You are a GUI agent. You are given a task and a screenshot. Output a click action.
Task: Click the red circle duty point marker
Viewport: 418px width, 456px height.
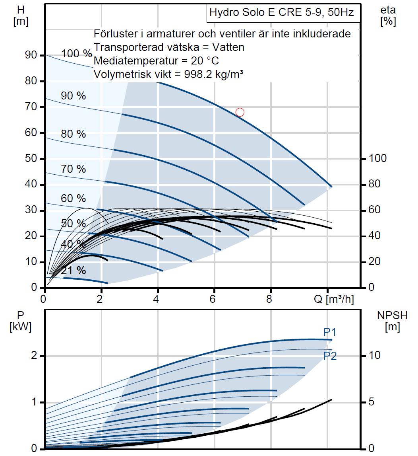240,112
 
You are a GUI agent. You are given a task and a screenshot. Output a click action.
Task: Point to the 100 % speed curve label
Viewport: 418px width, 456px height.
77,54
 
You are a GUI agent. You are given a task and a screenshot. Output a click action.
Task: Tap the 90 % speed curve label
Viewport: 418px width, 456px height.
74,95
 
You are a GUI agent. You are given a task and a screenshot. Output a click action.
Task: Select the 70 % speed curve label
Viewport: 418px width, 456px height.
74,169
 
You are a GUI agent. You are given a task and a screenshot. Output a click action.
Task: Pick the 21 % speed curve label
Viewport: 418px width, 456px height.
74,271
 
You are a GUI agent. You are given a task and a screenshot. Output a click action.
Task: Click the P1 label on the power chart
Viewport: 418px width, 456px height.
329,332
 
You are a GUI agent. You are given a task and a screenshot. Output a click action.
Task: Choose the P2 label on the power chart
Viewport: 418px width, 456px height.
330,356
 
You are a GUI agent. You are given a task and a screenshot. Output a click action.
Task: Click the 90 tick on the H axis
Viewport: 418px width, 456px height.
31,55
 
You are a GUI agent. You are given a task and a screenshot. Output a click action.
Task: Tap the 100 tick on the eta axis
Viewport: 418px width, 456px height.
377,158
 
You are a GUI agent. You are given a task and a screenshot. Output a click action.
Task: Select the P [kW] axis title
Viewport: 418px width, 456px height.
19,321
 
